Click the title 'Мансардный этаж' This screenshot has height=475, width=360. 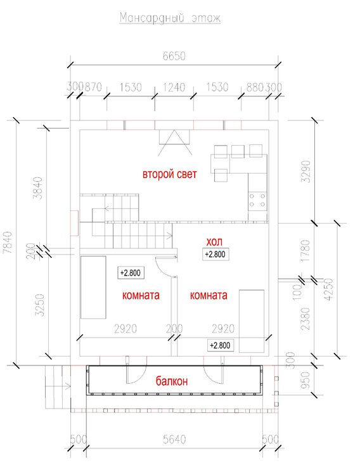pyautogui.click(x=170, y=18)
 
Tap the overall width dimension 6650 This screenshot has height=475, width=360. pyautogui.click(x=174, y=56)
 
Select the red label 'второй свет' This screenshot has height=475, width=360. pyautogui.click(x=169, y=174)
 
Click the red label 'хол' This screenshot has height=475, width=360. pyautogui.click(x=214, y=242)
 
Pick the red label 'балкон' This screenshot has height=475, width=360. pyautogui.click(x=172, y=381)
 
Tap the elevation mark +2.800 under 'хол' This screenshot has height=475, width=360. pyautogui.click(x=215, y=254)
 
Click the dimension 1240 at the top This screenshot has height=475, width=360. pyautogui.click(x=174, y=87)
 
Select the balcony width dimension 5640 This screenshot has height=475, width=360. pyautogui.click(x=174, y=440)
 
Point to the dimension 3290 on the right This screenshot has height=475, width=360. pyautogui.click(x=306, y=171)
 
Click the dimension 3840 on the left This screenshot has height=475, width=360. pyautogui.click(x=39, y=188)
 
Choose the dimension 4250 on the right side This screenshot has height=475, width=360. pyautogui.click(x=329, y=289)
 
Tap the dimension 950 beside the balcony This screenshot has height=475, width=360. pyautogui.click(x=306, y=380)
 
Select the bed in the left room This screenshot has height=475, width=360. pyautogui.click(x=93, y=287)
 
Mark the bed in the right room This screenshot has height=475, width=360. pyautogui.click(x=252, y=321)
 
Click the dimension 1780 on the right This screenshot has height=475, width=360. pyautogui.click(x=306, y=251)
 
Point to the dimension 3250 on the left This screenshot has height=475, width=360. pyautogui.click(x=40, y=305)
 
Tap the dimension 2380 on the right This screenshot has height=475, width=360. pyautogui.click(x=306, y=319)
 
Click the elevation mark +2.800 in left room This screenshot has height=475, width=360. pyautogui.click(x=131, y=273)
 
